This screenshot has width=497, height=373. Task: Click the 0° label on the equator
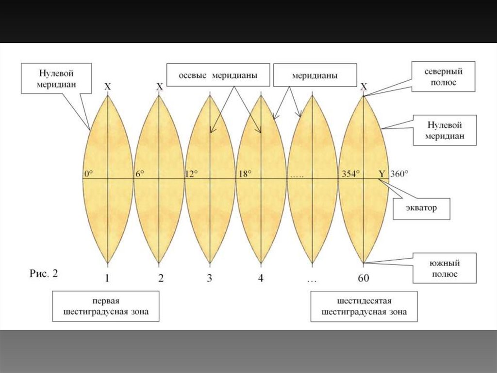[88, 174]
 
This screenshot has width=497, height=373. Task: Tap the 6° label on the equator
[140, 174]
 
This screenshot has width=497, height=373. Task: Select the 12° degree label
[192, 174]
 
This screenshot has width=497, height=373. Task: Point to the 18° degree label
[243, 174]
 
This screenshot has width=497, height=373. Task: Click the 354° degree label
[350, 174]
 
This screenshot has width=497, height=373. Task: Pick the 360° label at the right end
[399, 174]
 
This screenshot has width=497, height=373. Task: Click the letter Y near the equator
[381, 174]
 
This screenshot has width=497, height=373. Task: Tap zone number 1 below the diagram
[107, 279]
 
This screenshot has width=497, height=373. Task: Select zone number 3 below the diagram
[210, 279]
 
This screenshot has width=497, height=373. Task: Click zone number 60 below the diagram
[364, 279]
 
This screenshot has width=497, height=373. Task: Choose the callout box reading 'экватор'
[421, 209]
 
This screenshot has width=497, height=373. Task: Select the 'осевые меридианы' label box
[218, 75]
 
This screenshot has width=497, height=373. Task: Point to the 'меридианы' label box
[315, 75]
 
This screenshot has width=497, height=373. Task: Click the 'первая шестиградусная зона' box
[106, 306]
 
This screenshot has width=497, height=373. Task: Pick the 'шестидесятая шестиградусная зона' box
[364, 306]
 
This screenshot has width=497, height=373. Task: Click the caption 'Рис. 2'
[44, 274]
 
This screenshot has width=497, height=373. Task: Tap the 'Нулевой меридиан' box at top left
[56, 77]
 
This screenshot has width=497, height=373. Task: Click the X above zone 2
[159, 87]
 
